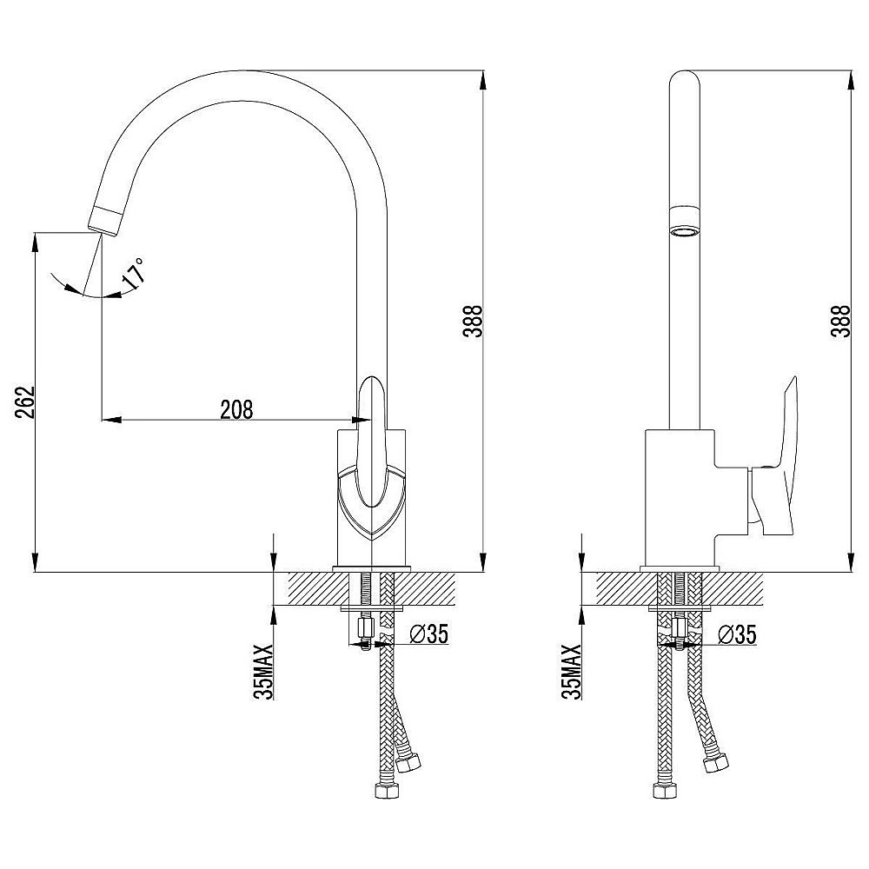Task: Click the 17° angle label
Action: coord(134,274)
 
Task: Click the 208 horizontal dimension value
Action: coord(236,410)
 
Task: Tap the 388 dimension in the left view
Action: coord(474,321)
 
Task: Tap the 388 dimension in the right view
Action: coord(840,321)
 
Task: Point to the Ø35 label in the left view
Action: coord(429,634)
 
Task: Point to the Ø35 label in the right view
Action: coord(737,634)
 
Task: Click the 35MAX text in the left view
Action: coord(264,672)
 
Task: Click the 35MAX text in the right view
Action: coord(572,672)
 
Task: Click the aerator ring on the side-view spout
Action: coord(685,222)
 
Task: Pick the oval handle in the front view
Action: coord(371,441)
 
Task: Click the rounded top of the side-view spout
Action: coord(685,80)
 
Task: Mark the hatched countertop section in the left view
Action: coord(371,588)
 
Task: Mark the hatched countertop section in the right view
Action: coord(680,588)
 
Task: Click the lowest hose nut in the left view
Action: coord(388,790)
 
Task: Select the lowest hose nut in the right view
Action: coord(664,790)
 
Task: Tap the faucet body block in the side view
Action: coord(680,498)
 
